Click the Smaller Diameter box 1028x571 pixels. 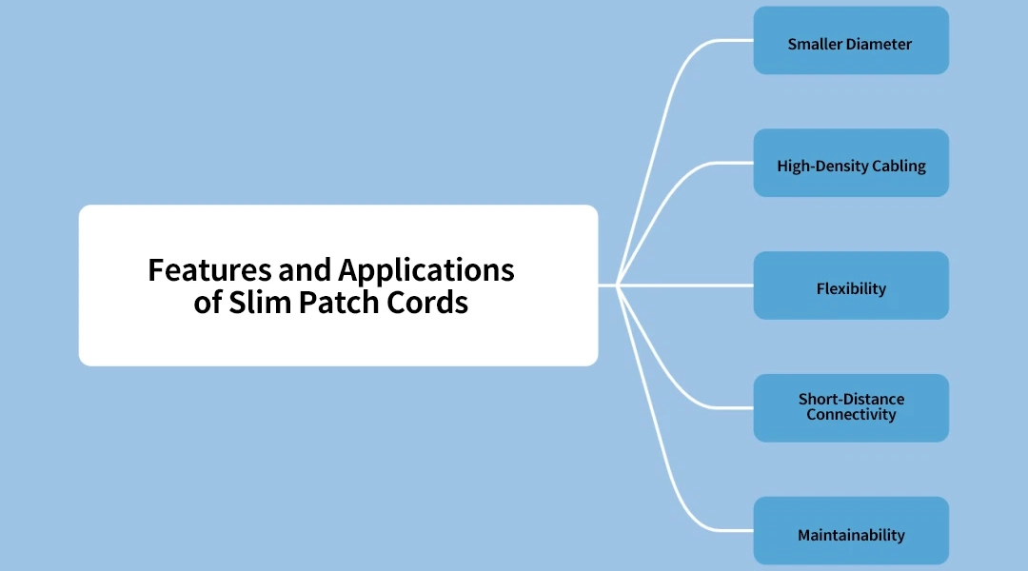851,41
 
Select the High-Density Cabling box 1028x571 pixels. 851,164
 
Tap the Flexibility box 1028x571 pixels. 851,285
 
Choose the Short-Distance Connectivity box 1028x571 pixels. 851,408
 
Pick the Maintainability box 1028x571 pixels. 851,531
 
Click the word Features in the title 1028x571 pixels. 209,270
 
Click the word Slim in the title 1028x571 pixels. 259,303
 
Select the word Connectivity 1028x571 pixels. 851,415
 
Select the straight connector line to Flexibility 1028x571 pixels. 676,285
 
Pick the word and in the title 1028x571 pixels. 305,270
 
